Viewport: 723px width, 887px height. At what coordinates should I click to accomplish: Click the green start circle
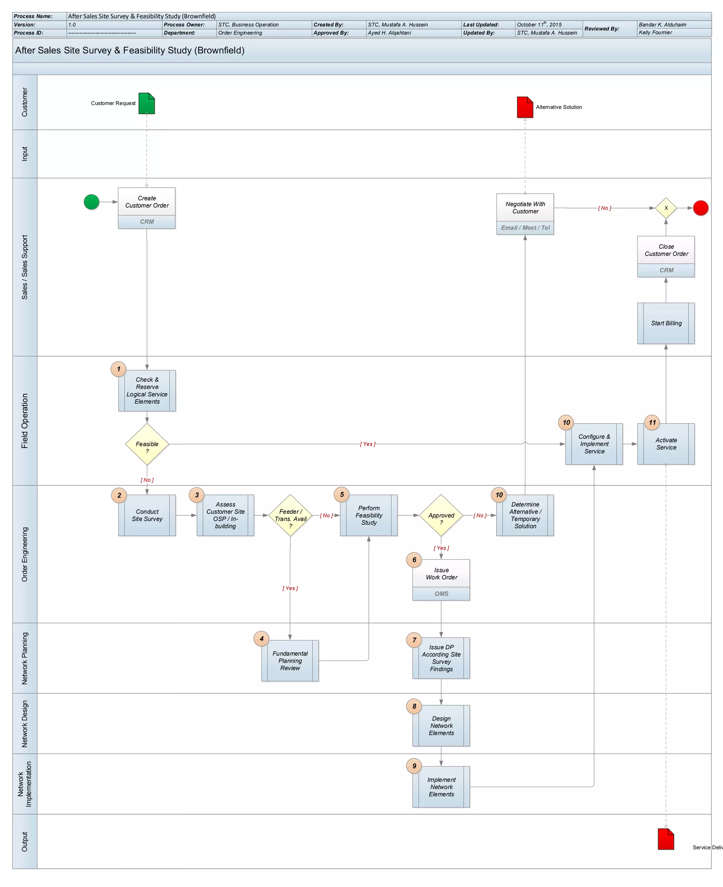click(91, 202)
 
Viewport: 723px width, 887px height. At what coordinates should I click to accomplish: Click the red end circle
click(700, 208)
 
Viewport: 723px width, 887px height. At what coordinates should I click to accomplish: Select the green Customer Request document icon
click(147, 103)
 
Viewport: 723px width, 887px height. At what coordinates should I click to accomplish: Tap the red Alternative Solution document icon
click(525, 107)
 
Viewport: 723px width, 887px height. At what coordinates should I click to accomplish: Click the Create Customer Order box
click(147, 202)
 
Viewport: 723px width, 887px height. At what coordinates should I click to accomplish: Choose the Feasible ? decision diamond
click(147, 444)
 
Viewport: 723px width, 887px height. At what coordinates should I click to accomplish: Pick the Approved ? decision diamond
click(441, 515)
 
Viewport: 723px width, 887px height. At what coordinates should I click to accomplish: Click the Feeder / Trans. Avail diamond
click(290, 515)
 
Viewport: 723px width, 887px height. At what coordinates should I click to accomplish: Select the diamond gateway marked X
click(665, 208)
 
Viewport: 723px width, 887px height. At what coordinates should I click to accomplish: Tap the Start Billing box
click(665, 323)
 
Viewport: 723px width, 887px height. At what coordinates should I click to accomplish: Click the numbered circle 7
click(414, 640)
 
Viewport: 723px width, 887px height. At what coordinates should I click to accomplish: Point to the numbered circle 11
click(652, 422)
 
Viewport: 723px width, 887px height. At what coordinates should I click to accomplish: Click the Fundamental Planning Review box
click(290, 661)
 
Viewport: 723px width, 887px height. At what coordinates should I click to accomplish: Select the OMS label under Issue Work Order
click(441, 594)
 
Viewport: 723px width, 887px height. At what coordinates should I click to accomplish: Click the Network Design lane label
click(25, 724)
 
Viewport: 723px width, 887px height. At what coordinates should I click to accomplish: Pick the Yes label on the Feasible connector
click(368, 444)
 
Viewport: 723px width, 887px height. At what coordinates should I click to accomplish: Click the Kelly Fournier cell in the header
click(655, 33)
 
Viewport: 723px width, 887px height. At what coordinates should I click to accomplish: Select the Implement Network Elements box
click(441, 787)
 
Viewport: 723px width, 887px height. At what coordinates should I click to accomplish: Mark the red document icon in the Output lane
click(665, 839)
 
